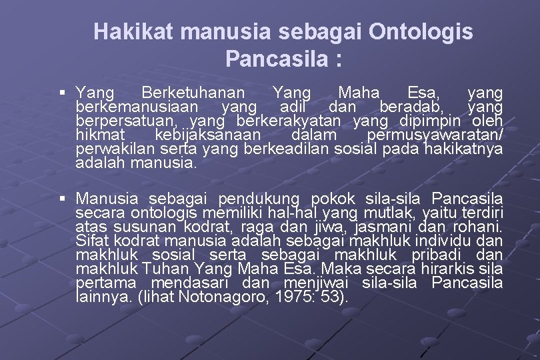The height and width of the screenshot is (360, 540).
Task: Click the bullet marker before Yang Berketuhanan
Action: click(62, 93)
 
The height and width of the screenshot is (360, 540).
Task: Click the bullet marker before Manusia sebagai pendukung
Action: click(62, 199)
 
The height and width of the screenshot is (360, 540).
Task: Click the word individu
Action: click(443, 241)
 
